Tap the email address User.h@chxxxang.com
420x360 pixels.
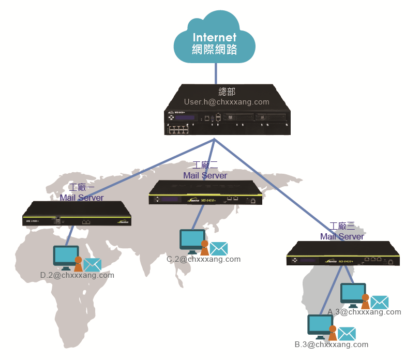(227, 102)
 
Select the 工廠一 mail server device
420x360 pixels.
(77, 214)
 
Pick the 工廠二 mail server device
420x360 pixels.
(206, 192)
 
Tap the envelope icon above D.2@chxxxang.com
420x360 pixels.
(92, 265)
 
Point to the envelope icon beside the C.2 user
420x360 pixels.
(219, 249)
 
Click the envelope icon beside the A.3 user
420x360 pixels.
(379, 302)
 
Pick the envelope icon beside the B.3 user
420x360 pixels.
(347, 334)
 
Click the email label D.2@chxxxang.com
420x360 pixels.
(77, 275)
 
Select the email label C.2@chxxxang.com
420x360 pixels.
(203, 259)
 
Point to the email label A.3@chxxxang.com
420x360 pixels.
(364, 312)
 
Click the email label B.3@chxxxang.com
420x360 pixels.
(332, 344)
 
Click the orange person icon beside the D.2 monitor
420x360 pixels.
(78, 264)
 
